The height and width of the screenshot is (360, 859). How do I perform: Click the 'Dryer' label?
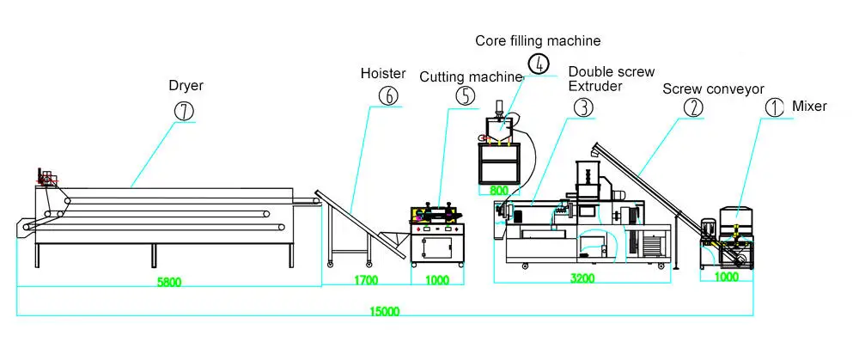[x=185, y=86]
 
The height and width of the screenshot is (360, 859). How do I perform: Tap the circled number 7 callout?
[x=185, y=111]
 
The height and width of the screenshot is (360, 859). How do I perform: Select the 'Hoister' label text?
[x=382, y=75]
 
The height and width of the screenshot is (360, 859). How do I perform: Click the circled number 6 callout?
[x=388, y=96]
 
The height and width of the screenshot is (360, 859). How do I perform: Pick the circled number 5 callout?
[x=465, y=95]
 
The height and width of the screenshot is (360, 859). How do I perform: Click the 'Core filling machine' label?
[x=539, y=40]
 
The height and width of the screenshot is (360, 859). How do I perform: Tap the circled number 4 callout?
[x=538, y=64]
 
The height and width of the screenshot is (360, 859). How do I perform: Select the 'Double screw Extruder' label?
[x=611, y=79]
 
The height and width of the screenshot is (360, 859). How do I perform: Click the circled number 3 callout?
[x=583, y=107]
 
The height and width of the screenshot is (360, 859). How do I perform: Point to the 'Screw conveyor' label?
[x=713, y=88]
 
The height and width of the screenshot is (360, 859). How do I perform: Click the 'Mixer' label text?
[x=809, y=107]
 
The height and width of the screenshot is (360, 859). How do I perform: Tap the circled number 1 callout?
[x=774, y=107]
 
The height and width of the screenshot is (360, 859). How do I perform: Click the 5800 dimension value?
[x=170, y=280]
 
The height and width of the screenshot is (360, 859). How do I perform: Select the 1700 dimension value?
[x=366, y=280]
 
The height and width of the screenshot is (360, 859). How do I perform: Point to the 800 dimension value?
[x=499, y=189]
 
